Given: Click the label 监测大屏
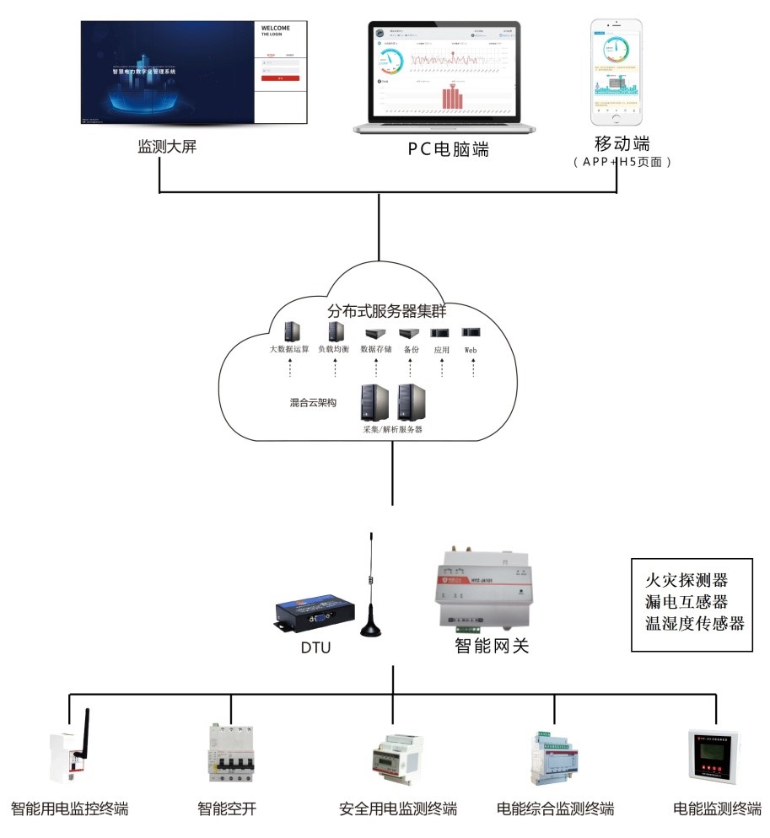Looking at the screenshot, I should coord(167,148).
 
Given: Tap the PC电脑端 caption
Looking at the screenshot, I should coord(448,150).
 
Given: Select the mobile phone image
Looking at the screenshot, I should coord(616,69).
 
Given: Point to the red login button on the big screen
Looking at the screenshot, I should coord(279,78).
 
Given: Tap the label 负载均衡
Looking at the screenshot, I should coord(335,348).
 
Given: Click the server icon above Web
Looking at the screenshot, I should coord(471,332).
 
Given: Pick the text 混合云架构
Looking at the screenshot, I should coord(312,403).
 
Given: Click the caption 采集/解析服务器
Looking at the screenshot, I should coord(392,429).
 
